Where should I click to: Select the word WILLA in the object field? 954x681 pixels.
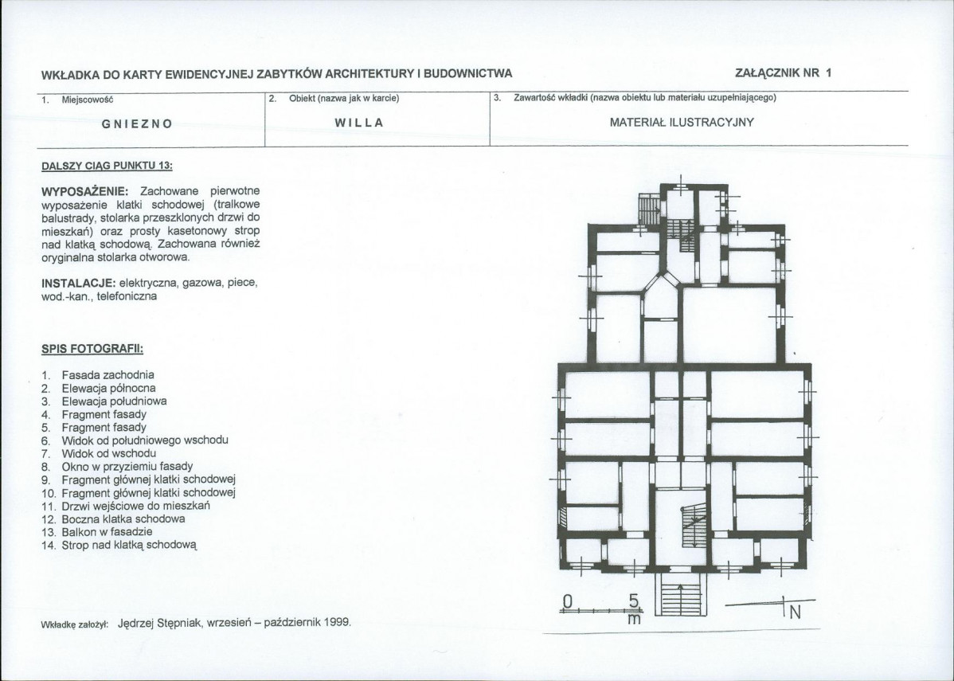click(x=359, y=123)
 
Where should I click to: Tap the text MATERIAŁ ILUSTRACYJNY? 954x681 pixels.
click(x=682, y=123)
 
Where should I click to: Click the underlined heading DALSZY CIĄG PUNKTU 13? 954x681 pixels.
click(x=107, y=166)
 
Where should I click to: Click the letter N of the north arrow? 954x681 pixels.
click(x=795, y=613)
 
